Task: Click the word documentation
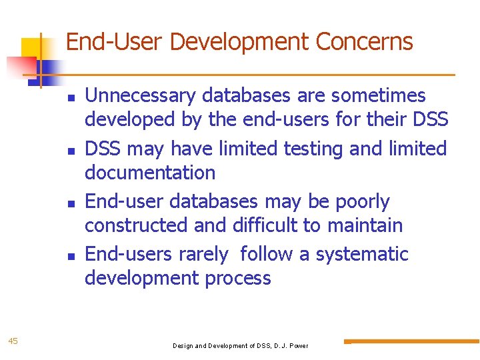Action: (x=150, y=173)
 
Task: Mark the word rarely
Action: (x=204, y=254)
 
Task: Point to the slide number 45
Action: (x=13, y=341)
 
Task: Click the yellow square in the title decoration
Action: (x=32, y=48)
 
